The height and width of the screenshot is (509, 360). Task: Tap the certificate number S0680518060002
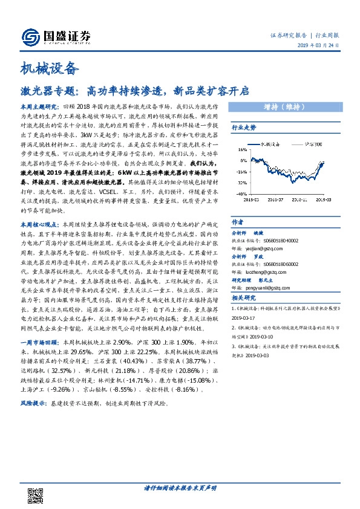pyautogui.click(x=278, y=264)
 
